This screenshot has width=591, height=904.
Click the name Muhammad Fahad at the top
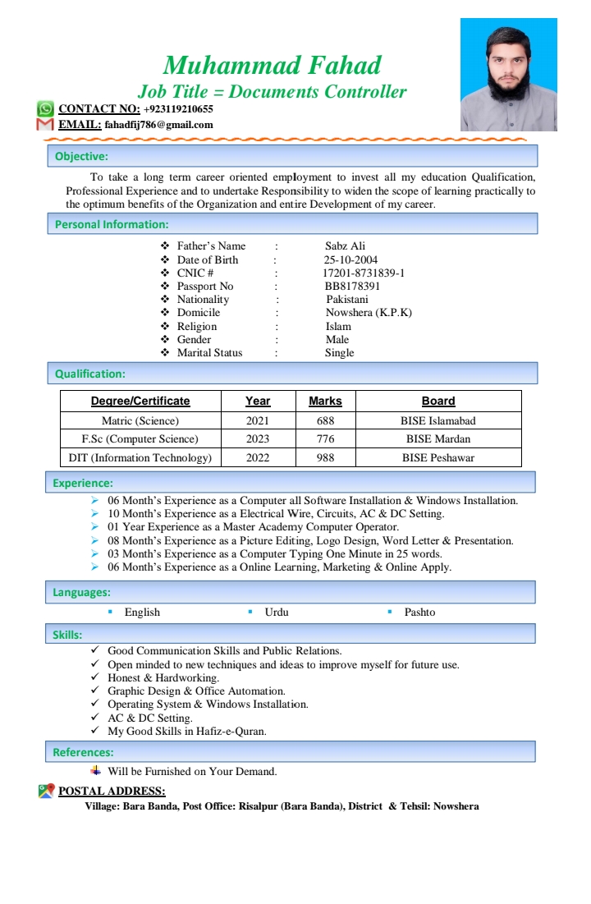pyautogui.click(x=272, y=65)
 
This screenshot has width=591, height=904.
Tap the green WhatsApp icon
pyautogui.click(x=45, y=108)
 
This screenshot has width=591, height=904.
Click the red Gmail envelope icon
pyautogui.click(x=45, y=125)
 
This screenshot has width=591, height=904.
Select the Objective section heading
pyautogui.click(x=81, y=156)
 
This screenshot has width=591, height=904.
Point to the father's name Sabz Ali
pyautogui.click(x=345, y=246)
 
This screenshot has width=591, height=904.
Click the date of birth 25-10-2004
pyautogui.click(x=350, y=259)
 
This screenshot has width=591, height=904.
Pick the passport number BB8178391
pyautogui.click(x=352, y=286)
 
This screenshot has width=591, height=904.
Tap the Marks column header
pyautogui.click(x=325, y=401)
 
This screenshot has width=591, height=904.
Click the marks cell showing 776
pyautogui.click(x=325, y=438)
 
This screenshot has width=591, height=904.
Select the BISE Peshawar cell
pyautogui.click(x=438, y=457)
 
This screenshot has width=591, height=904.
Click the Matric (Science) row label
pyautogui.click(x=140, y=420)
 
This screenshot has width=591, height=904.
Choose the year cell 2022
pyautogui.click(x=258, y=457)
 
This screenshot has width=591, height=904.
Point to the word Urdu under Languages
pyautogui.click(x=277, y=612)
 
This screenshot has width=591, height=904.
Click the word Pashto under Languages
pyautogui.click(x=419, y=612)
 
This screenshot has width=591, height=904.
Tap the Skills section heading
pyautogui.click(x=67, y=634)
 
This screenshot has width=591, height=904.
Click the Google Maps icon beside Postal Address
pyautogui.click(x=46, y=791)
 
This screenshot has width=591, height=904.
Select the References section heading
pyautogui.click(x=83, y=752)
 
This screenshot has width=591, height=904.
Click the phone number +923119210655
pyautogui.click(x=178, y=108)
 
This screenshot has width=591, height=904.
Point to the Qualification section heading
pyautogui.click(x=90, y=374)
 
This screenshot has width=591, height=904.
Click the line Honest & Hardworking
pyautogui.click(x=163, y=677)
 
